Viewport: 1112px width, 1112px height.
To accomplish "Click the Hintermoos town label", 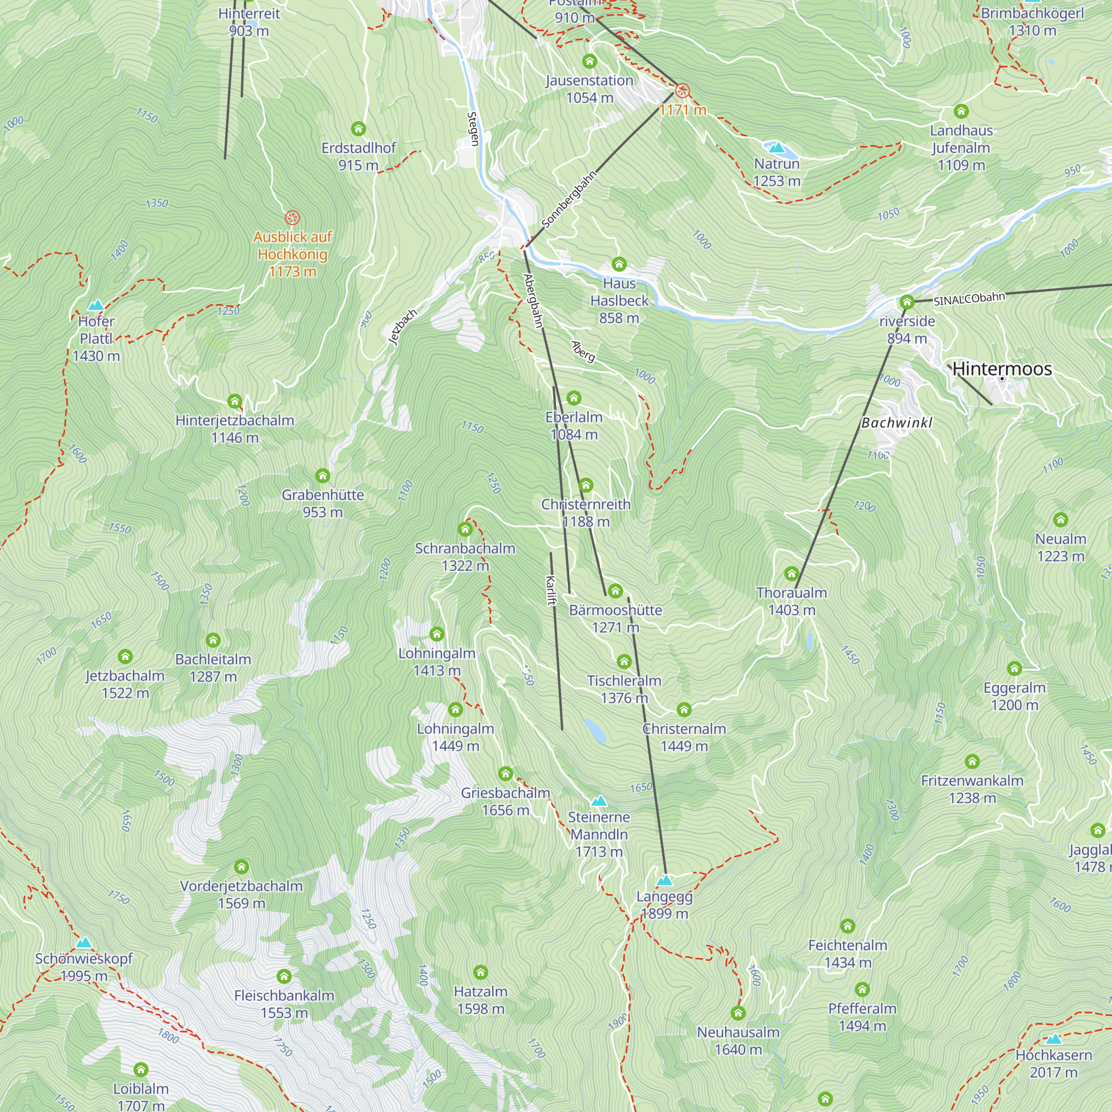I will point(1002,369).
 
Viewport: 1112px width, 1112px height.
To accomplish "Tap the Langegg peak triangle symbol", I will point(664,881).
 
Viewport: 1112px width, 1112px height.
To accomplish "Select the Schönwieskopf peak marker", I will point(84,943).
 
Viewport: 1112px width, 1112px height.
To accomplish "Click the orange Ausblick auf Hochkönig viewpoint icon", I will point(292,217).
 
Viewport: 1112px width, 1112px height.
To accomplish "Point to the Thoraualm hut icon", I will point(791,573).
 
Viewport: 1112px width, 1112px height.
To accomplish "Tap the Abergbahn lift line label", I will point(533,301).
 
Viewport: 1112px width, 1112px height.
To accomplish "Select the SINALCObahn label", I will point(969,299).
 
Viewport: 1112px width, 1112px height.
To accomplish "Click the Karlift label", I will point(550,590).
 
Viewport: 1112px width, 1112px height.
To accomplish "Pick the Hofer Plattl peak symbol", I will point(96,305).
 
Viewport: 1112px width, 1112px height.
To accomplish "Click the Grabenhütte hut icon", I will point(322,476).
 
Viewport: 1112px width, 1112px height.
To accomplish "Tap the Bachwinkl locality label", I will point(896,423).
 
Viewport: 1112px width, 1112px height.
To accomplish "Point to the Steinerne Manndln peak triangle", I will point(599,801).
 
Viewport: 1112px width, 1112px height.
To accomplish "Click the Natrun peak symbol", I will point(776,148).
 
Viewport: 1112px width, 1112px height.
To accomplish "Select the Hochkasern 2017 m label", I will point(1053,1064).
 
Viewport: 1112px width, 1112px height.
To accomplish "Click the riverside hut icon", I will point(906,301).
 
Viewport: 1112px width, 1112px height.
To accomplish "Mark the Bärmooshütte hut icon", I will point(615,590).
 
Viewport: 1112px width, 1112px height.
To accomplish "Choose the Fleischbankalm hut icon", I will point(284,976).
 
